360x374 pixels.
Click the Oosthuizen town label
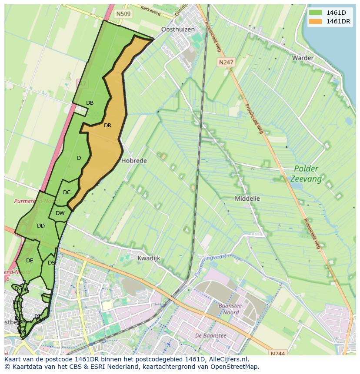(x=178, y=30)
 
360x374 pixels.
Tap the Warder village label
(x=303, y=58)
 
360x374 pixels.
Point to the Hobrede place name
(x=134, y=160)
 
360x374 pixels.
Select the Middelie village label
(x=247, y=199)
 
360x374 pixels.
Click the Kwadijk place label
(x=149, y=258)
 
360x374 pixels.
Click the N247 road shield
(x=226, y=62)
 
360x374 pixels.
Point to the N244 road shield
(x=277, y=354)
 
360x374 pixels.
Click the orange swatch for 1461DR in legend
(x=316, y=21)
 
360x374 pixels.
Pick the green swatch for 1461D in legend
(x=316, y=13)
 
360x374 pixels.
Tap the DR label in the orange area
(x=107, y=126)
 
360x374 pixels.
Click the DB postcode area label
(x=90, y=103)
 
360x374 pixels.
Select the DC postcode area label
(x=67, y=192)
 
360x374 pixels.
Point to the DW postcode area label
(x=60, y=213)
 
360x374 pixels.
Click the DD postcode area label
(x=41, y=226)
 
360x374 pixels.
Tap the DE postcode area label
(x=30, y=261)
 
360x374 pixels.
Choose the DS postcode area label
(x=51, y=263)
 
